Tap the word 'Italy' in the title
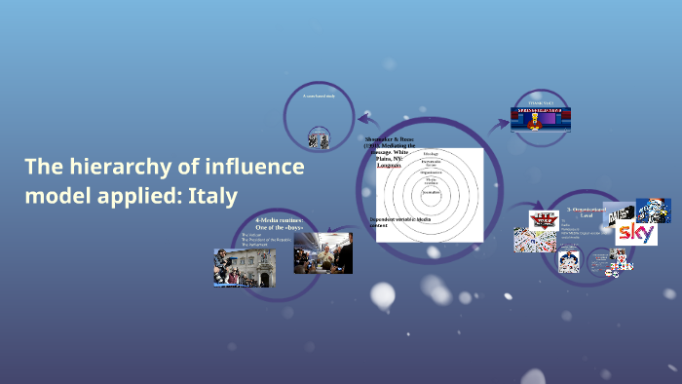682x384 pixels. click(211, 195)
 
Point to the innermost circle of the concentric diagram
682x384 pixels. click(431, 194)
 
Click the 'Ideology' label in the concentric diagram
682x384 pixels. click(431, 154)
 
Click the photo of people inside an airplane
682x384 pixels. click(323, 252)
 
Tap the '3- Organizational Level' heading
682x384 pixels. click(584, 211)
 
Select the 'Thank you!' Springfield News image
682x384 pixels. click(541, 114)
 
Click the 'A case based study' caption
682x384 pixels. click(318, 96)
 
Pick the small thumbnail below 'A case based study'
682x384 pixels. click(318, 139)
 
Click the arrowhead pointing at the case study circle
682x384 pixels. click(362, 114)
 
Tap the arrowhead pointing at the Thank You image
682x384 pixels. click(504, 123)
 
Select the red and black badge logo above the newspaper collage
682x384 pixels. click(542, 219)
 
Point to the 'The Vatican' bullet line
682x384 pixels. click(251, 235)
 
